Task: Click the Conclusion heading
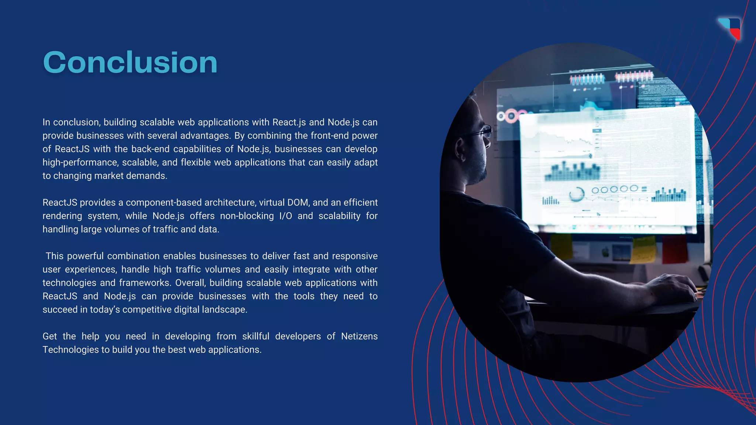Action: tap(130, 62)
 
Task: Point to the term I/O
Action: tap(285, 216)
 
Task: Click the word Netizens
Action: tap(359, 336)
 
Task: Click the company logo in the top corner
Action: tap(730, 28)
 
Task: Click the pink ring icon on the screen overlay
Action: tap(511, 117)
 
